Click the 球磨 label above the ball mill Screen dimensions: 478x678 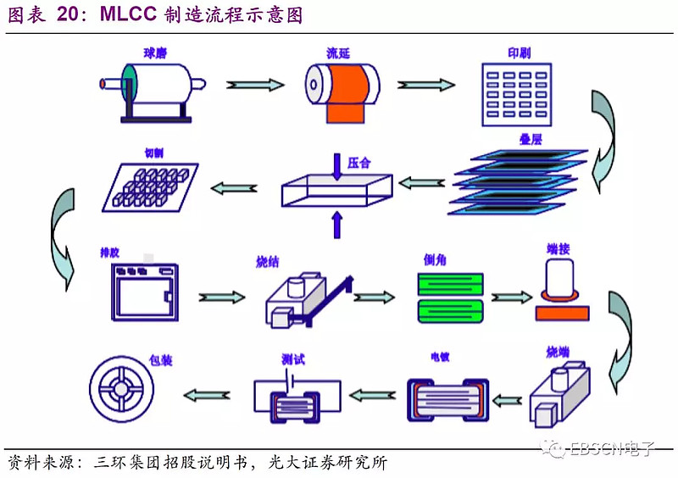[x=154, y=53]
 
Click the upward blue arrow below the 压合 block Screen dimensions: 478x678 [x=337, y=224]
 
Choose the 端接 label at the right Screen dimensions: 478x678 [x=559, y=249]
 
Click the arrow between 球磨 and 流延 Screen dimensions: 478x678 [x=254, y=85]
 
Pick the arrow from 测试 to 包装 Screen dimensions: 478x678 [x=208, y=394]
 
